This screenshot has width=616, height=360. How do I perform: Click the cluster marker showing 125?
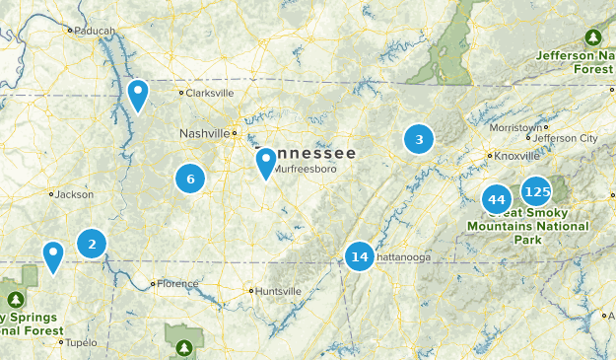[x=537, y=190]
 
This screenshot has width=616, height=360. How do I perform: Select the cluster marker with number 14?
[x=360, y=257]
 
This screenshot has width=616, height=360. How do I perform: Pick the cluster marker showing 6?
[x=190, y=179]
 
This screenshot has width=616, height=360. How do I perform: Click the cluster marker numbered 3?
[x=419, y=140]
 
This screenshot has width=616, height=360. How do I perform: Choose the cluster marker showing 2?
[x=92, y=243]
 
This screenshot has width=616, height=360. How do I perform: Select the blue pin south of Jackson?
[x=53, y=256]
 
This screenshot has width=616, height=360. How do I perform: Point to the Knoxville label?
[x=516, y=155]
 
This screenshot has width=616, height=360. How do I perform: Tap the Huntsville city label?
[x=278, y=291]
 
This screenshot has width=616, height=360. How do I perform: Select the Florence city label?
[x=178, y=284]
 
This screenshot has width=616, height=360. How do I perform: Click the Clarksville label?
[x=210, y=93]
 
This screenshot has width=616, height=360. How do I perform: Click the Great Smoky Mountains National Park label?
[x=527, y=226]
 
